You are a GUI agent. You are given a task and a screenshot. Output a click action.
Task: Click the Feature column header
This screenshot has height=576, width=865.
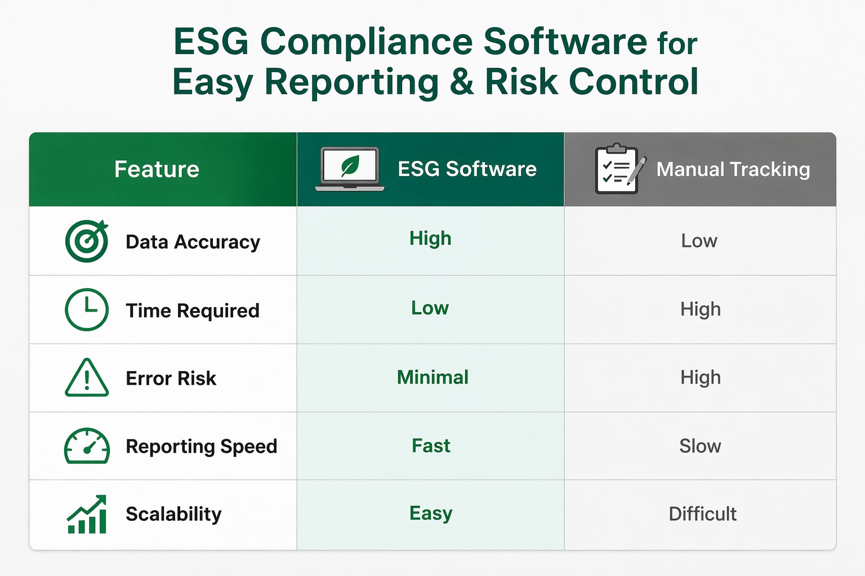pos(157,169)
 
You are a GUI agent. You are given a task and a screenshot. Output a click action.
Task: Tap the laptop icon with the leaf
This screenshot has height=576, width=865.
pos(350,169)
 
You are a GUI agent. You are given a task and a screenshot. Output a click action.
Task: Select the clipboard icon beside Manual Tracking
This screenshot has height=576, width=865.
pos(619,169)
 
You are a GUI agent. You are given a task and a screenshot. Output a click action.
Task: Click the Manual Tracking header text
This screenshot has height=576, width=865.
pos(733,169)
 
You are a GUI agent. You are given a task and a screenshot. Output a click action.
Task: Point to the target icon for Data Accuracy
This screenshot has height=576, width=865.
pos(87,241)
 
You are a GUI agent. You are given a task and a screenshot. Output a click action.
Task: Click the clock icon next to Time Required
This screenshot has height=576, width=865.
pos(87,309)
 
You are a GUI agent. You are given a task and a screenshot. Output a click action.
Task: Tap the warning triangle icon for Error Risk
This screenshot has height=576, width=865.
pos(87,378)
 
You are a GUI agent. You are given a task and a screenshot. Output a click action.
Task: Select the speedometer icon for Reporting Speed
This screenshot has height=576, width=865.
pos(87,446)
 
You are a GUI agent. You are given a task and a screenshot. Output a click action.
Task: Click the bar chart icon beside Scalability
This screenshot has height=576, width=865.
pos(87,514)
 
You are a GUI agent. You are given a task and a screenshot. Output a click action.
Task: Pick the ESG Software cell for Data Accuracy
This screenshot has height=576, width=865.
pos(430,238)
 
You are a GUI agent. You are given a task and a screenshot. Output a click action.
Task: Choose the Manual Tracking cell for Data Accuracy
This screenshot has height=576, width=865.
pos(699,241)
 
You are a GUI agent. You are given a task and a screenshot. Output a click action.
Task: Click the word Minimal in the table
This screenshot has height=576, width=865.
pos(432,377)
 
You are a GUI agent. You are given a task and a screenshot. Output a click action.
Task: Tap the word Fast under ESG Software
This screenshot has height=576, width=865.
pos(431,446)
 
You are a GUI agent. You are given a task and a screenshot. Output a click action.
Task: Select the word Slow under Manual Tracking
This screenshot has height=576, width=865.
pos(700,446)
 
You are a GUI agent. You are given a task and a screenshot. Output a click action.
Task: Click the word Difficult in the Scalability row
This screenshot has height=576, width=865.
pos(702,514)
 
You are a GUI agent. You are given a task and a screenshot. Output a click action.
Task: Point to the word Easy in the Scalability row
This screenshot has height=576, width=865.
pos(431,514)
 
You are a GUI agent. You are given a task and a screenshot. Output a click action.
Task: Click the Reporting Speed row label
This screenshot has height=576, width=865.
pos(201,446)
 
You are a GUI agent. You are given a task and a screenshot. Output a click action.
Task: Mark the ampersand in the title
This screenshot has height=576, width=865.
pos(462,82)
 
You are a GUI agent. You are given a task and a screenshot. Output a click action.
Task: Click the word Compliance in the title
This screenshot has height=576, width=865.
pos(367,42)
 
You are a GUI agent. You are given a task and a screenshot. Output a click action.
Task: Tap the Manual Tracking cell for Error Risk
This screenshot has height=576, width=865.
pos(700,377)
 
